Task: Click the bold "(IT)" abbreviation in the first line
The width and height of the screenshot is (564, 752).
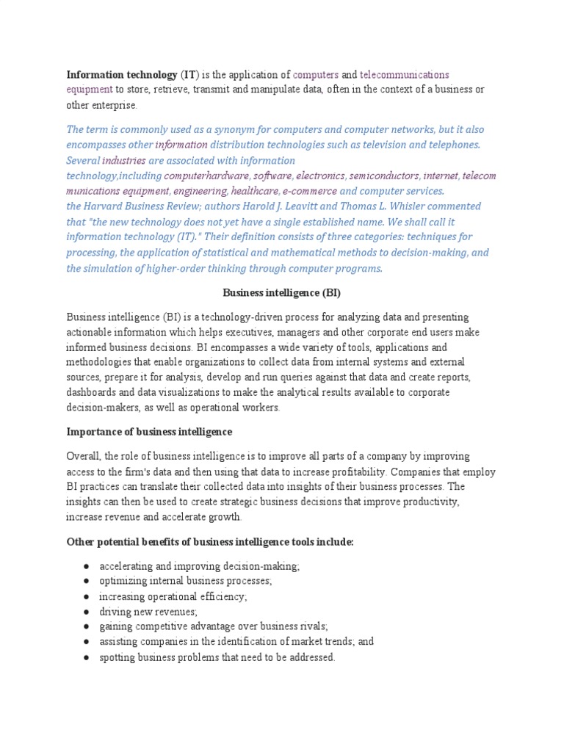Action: (x=189, y=75)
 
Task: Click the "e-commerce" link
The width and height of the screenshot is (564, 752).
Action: (x=309, y=191)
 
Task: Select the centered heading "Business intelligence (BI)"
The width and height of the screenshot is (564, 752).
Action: (x=282, y=292)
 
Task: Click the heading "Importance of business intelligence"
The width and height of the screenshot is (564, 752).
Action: (x=149, y=431)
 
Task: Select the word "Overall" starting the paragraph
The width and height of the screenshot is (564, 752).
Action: (x=84, y=456)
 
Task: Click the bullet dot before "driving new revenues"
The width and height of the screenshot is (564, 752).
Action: (x=87, y=611)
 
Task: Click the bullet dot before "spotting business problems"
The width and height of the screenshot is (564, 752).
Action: (x=87, y=657)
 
